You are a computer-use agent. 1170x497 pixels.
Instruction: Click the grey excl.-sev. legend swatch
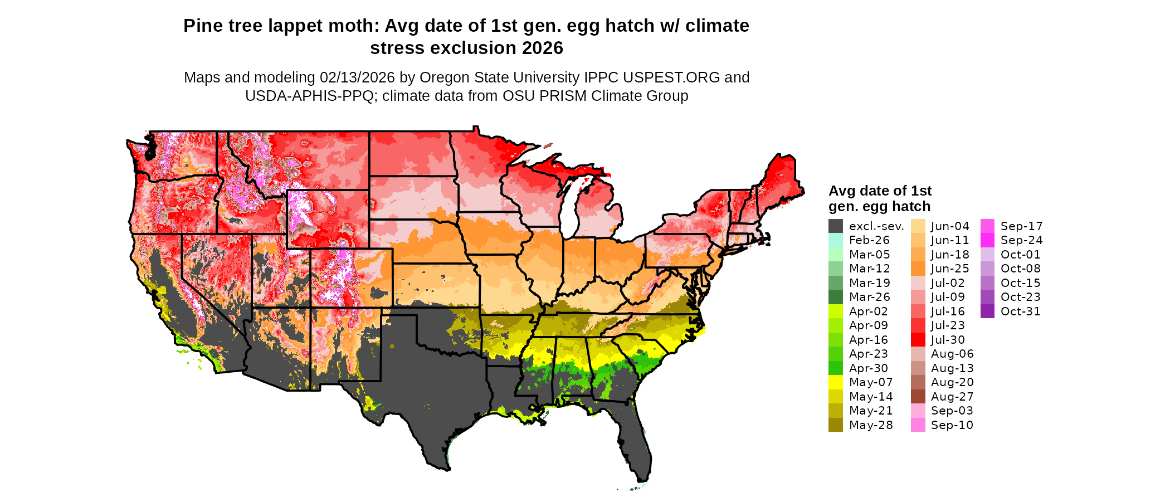tap(835, 226)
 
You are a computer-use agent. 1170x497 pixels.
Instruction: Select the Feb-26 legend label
tap(869, 240)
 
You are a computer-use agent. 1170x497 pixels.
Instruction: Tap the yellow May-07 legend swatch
tap(835, 382)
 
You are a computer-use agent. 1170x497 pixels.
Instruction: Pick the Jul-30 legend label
tap(948, 340)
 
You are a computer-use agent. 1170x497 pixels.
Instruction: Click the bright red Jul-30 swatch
tap(918, 339)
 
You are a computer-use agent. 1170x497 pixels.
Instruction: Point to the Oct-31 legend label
tap(1020, 311)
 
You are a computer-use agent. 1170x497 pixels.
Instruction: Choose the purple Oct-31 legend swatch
tap(987, 311)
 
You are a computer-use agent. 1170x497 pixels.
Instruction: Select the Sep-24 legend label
tap(1021, 240)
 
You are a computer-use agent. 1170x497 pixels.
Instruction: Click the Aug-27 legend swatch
tap(918, 396)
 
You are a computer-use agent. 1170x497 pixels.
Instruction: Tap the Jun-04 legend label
tap(950, 226)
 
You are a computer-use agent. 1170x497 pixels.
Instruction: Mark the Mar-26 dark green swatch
tap(835, 297)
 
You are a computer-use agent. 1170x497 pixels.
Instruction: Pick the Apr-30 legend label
tap(869, 368)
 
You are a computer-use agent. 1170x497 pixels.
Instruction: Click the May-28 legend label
tap(871, 425)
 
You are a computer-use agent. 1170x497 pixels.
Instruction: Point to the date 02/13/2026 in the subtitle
tap(357, 77)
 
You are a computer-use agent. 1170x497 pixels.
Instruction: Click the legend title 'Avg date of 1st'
tap(880, 191)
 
